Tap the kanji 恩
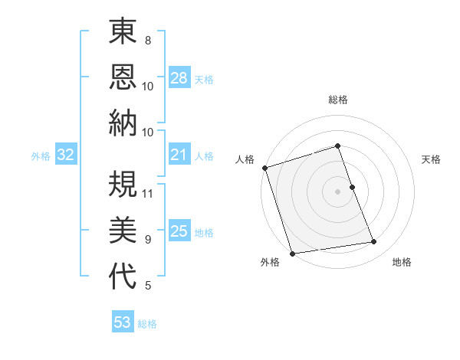tap(123, 77)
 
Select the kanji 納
tap(123, 123)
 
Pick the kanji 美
tap(123, 231)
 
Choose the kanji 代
tap(123, 277)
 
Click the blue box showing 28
tap(179, 78)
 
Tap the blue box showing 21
tap(179, 155)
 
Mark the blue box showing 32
tap(66, 155)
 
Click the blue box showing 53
tap(123, 322)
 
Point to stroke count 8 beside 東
tap(147, 40)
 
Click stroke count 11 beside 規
tap(148, 193)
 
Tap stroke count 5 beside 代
tap(147, 286)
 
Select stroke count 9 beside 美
tap(147, 240)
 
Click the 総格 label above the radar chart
tap(337, 100)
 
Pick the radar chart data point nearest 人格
tap(264, 168)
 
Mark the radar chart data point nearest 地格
tap(373, 242)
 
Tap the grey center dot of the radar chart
tap(337, 191)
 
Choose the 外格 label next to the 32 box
tap(41, 156)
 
